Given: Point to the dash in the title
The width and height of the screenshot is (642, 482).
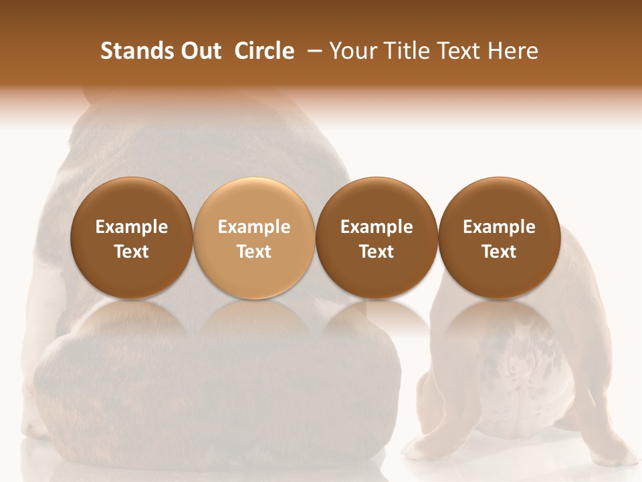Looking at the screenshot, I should click(312, 52).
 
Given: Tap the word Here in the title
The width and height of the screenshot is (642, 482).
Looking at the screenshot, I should click(514, 51).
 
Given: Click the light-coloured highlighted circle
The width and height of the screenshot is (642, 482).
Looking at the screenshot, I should click(254, 238).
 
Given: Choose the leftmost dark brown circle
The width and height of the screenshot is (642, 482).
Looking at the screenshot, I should click(132, 238).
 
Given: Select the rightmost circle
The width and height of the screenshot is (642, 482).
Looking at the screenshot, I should click(499, 238).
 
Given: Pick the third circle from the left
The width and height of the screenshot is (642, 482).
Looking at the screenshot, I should click(377, 238).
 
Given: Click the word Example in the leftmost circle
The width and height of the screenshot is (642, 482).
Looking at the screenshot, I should click(132, 227).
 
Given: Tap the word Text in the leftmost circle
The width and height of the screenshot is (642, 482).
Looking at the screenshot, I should click(132, 252).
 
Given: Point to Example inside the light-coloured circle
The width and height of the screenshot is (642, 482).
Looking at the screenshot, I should click(254, 227).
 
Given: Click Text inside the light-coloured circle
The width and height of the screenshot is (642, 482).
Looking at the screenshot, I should click(254, 252).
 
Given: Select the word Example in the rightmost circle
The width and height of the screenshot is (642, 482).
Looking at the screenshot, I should click(499, 227).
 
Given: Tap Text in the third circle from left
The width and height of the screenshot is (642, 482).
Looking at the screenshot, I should click(377, 252).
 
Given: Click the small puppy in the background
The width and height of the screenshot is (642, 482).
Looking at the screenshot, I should click(522, 375).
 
